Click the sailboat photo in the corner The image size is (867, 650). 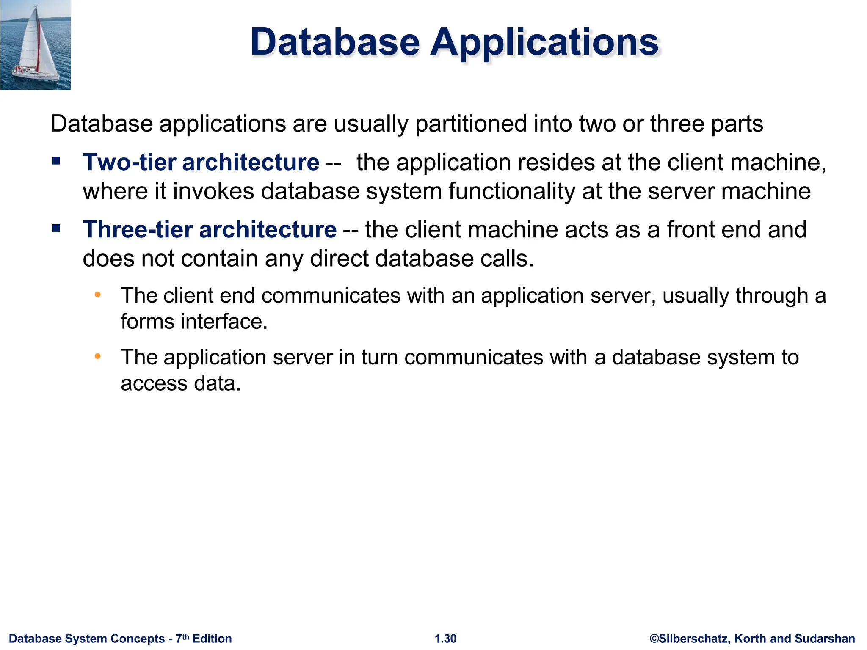click(36, 45)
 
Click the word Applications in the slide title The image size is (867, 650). click(544, 42)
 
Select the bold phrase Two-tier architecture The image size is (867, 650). click(201, 162)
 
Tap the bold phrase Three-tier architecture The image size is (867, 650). click(210, 229)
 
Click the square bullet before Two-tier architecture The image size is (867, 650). click(56, 161)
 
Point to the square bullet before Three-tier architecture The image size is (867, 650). click(56, 229)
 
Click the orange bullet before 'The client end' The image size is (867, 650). click(98, 295)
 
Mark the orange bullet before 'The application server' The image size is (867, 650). click(98, 356)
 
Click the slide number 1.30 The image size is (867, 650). click(445, 639)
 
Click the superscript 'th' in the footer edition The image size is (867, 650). click(185, 636)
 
